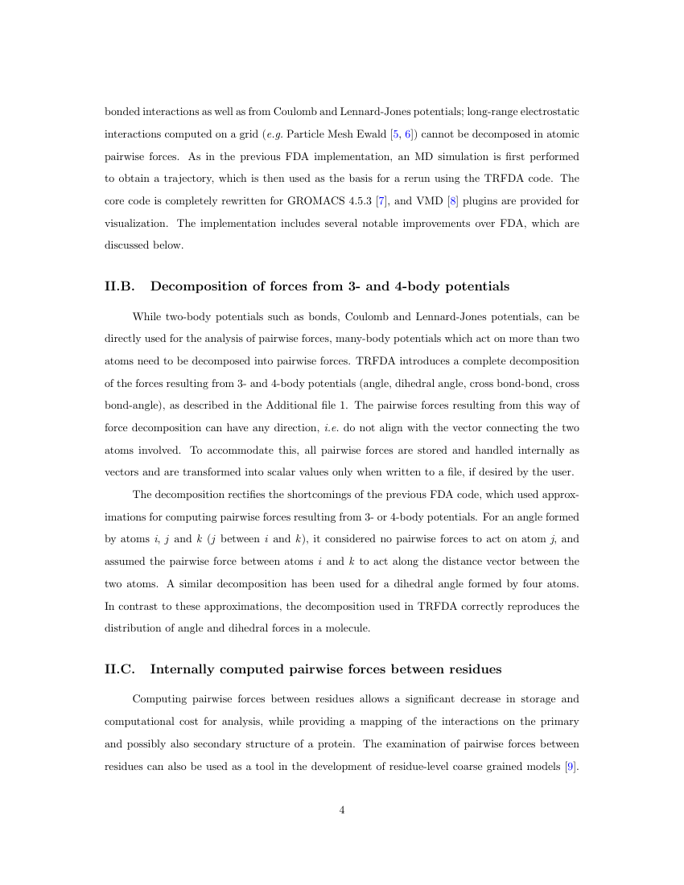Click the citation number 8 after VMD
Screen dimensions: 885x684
coord(466,200)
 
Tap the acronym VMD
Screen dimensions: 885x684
coord(443,200)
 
